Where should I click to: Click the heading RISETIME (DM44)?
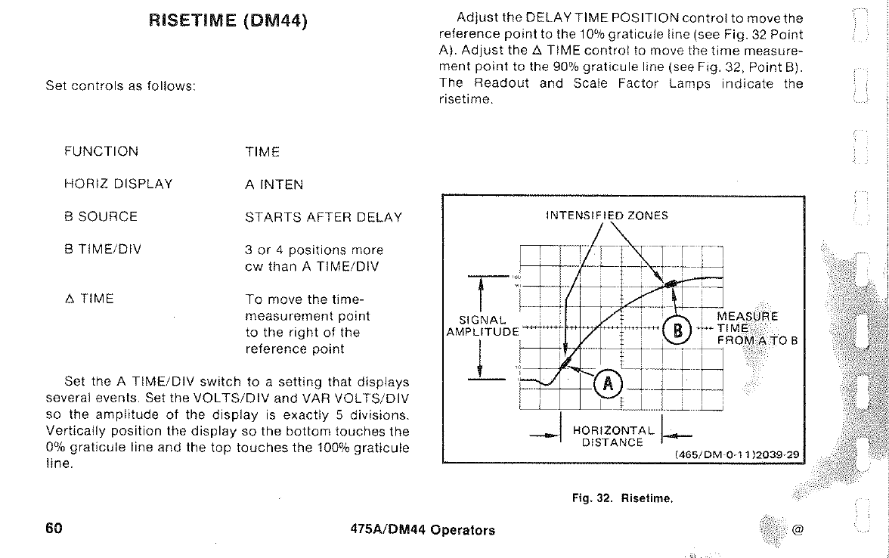[x=228, y=21]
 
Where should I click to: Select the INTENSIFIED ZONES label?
[x=607, y=215]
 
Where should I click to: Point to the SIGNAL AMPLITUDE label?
[x=482, y=325]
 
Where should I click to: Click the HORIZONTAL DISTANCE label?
[x=612, y=436]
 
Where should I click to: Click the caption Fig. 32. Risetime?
[x=621, y=498]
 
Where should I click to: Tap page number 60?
[x=54, y=529]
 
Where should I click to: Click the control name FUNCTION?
[x=101, y=151]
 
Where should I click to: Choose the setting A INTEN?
[x=274, y=184]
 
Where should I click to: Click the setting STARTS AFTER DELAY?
[x=324, y=217]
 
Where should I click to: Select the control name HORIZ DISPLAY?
[x=119, y=184]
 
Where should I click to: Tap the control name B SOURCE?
[x=101, y=217]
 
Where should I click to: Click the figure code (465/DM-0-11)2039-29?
[x=739, y=455]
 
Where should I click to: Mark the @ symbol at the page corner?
[x=796, y=529]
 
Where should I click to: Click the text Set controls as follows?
[x=121, y=85]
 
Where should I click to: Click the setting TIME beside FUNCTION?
[x=262, y=151]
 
